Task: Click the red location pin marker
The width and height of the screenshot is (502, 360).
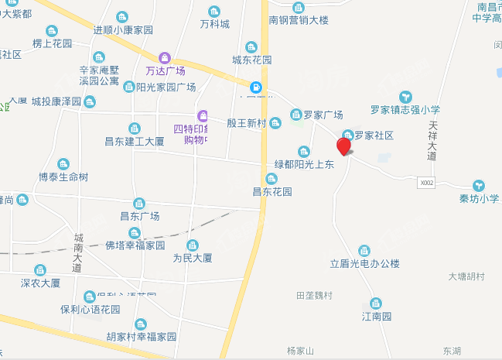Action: coord(343,146)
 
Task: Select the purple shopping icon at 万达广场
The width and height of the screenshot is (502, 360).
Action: coord(164,58)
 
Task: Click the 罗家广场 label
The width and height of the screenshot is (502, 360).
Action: coord(323,115)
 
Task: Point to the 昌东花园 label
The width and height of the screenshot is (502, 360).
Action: coord(272,191)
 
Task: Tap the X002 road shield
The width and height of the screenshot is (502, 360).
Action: coord(426,183)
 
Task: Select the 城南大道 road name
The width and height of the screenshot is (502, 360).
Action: coord(77,252)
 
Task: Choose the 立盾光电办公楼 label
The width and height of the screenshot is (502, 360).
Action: coord(364,264)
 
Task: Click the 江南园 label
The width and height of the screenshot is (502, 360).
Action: coord(377,317)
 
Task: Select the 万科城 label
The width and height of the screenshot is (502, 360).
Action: coord(214,24)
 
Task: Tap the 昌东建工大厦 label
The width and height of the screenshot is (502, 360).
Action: coord(134,142)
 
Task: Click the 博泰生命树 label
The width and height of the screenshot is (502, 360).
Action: coord(63,177)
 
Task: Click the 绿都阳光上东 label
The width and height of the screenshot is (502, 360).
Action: coord(304,164)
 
